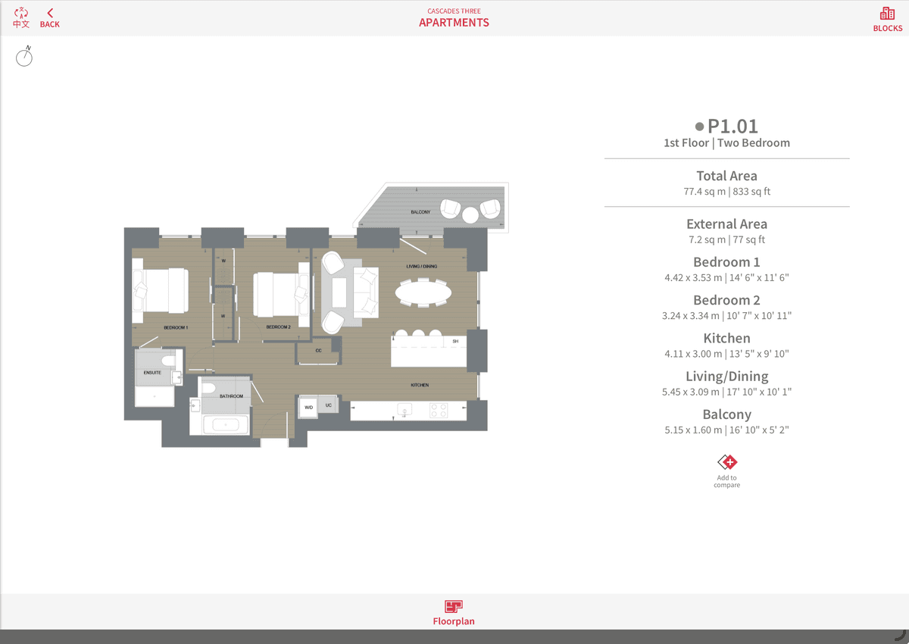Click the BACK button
tap(49, 18)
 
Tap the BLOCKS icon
tap(888, 14)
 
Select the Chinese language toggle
tap(21, 18)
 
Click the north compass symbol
tap(24, 56)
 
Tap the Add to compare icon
tap(726, 462)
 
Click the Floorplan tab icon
tap(453, 606)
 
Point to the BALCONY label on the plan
tap(420, 212)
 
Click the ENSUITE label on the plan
tap(152, 373)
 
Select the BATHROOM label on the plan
tap(231, 396)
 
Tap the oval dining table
tap(423, 292)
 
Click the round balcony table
tap(470, 215)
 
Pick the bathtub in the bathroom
tap(226, 425)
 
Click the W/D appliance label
tap(309, 407)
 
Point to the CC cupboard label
tap(319, 350)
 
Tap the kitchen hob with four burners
tap(439, 410)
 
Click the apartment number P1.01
tap(733, 127)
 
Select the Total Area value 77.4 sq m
tap(704, 192)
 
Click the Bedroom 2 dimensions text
tap(726, 316)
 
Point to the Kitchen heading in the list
tap(726, 338)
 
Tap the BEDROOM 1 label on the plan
tap(176, 327)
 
